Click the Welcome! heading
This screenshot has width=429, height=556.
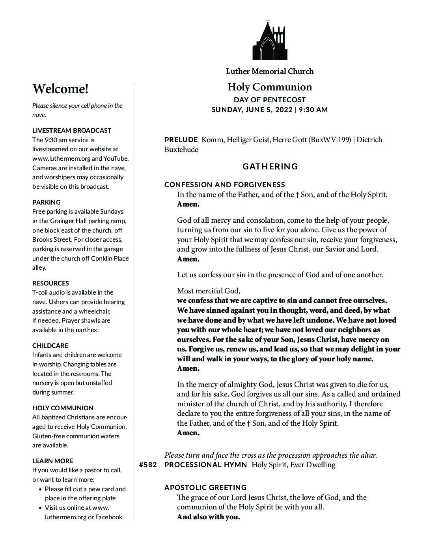60,89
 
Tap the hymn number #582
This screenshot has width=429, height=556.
148,465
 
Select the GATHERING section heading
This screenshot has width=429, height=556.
270,166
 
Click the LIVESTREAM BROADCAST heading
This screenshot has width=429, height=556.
72,130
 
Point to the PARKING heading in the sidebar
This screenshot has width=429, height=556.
47,202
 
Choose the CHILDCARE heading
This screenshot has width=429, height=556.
50,346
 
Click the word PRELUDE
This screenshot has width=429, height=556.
181,140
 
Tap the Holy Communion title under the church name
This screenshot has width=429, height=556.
270,87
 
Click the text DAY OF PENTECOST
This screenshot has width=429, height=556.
270,100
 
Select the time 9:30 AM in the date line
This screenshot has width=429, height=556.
313,110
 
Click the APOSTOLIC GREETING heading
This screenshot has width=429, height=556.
205,488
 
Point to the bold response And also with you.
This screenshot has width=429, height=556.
208,517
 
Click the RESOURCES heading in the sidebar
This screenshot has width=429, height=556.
50,283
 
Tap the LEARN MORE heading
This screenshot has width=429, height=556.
53,461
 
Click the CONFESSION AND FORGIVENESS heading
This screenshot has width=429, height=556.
225,185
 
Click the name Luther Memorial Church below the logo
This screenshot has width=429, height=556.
270,71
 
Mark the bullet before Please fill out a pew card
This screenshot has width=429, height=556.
41,489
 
